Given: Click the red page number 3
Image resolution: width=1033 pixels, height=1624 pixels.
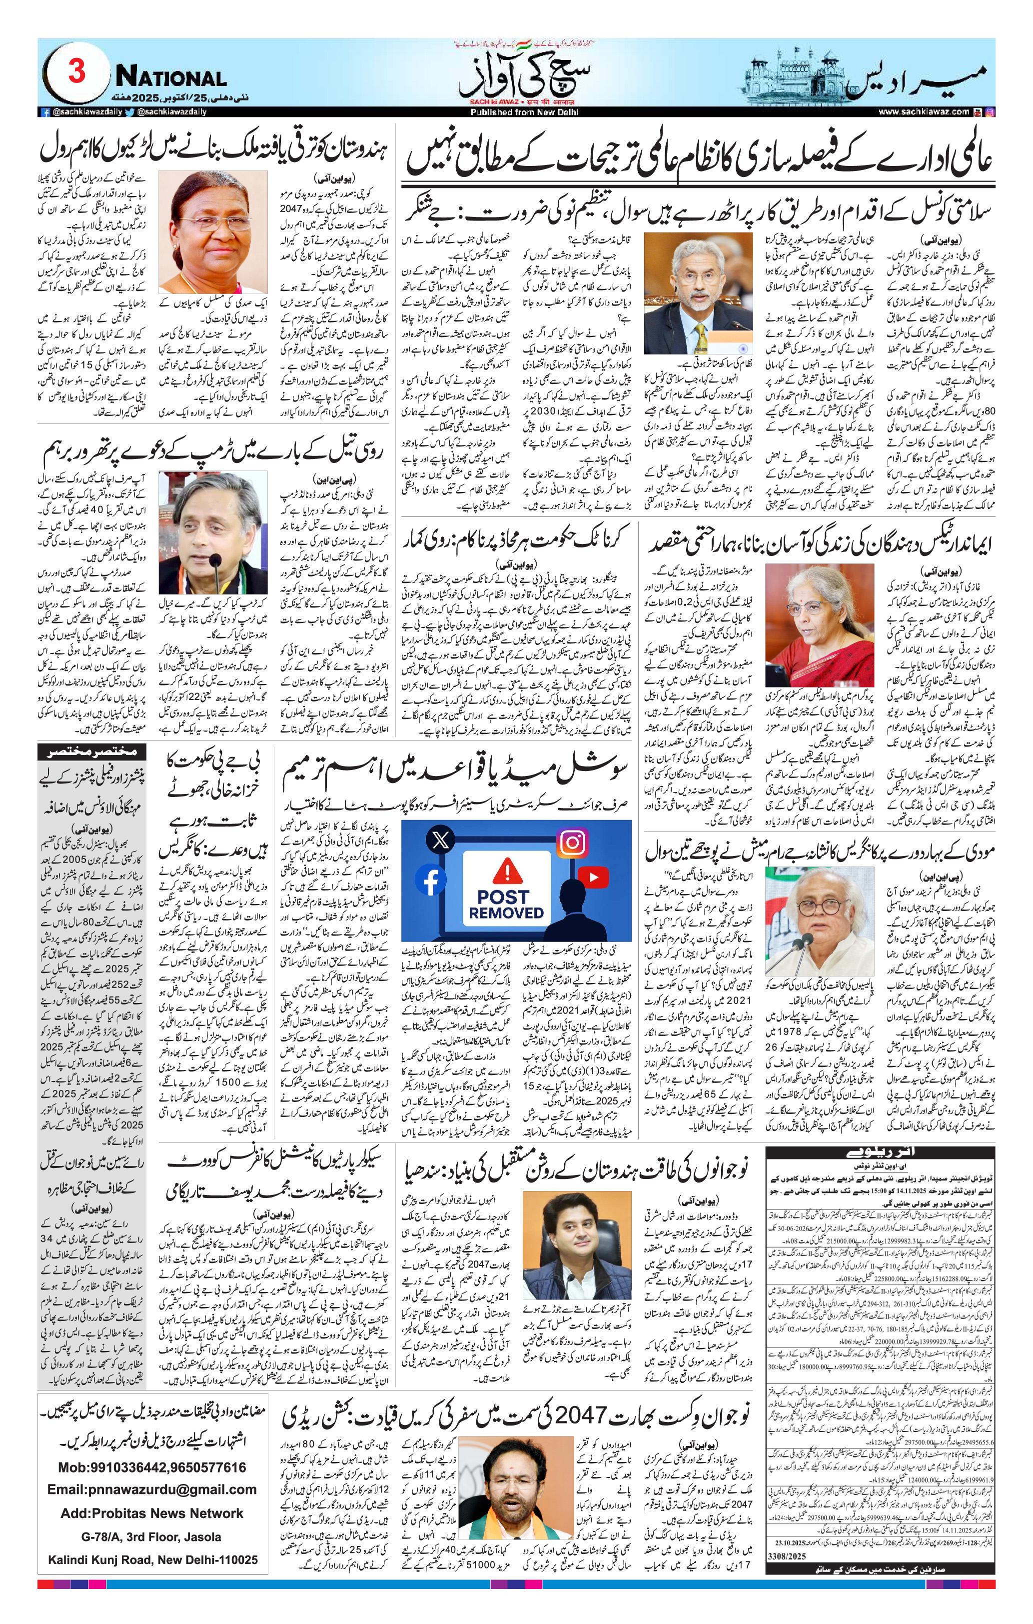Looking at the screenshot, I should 76,71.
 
